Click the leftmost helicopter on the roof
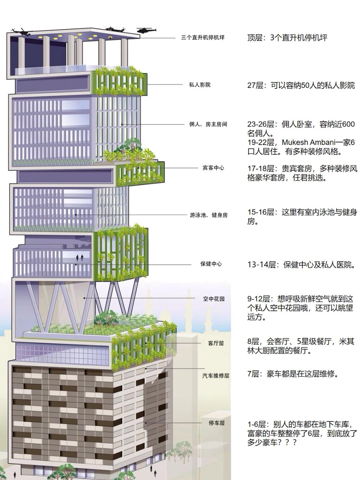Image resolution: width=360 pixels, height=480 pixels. tap(22, 32)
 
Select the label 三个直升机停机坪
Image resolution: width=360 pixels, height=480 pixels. tap(202, 38)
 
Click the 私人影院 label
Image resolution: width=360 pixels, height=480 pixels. tap(200, 85)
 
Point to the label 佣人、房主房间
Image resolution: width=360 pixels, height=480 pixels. tap(208, 124)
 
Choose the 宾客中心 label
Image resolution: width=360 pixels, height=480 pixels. tap(213, 168)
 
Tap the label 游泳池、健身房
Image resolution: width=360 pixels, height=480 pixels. tap(209, 215)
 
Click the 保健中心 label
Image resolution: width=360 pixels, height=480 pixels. tap(211, 264)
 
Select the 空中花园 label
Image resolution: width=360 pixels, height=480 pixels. tap(214, 299)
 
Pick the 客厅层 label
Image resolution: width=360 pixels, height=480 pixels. tap(216, 343)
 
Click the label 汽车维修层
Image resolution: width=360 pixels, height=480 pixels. tap(216, 376)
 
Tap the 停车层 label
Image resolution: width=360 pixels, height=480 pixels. tap(217, 423)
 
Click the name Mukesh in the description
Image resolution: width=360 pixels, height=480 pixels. tap(295, 142)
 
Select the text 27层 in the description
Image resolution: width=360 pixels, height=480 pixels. tap(255, 85)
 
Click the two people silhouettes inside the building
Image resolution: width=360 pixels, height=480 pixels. tap(79, 258)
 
